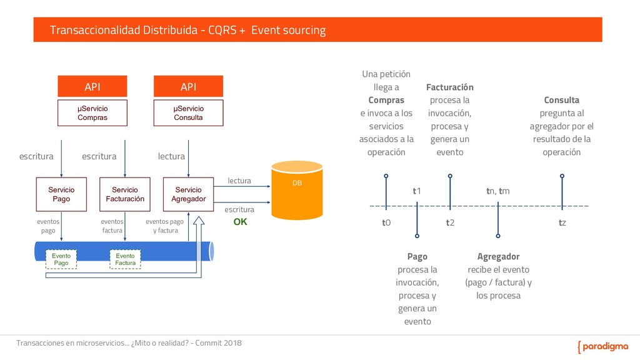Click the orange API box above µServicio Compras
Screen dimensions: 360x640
point(92,86)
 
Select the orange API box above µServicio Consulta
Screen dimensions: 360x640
point(188,86)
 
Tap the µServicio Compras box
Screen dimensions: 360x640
point(92,113)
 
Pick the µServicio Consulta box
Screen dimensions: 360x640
point(188,113)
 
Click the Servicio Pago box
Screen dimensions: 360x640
point(61,194)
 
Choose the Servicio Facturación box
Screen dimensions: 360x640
point(125,194)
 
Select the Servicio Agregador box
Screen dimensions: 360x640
point(188,194)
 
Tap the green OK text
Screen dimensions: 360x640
point(240,221)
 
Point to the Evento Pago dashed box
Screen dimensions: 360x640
point(61,260)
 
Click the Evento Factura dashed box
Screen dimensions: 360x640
point(125,260)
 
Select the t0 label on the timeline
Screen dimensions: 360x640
point(386,222)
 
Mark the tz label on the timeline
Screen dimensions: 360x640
point(562,222)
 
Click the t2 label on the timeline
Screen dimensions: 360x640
point(450,222)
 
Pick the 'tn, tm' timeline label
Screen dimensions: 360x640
point(498,191)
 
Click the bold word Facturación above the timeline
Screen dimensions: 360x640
point(450,87)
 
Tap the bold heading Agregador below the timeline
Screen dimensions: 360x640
point(498,256)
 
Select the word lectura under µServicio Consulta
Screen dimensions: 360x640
point(171,156)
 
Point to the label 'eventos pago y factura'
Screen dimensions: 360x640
point(166,226)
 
